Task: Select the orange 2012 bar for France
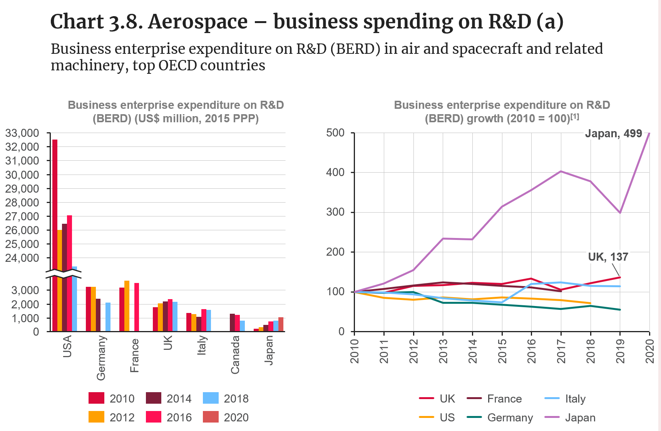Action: click(127, 306)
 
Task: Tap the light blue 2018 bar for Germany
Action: click(108, 317)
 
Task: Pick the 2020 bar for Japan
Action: click(281, 324)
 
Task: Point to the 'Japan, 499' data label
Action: click(613, 134)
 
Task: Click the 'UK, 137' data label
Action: click(608, 257)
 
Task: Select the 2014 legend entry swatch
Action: click(154, 398)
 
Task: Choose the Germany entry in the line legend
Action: click(510, 418)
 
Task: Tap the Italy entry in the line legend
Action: click(575, 399)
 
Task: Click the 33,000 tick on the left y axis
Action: click(22, 133)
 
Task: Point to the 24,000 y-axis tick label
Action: click(22, 258)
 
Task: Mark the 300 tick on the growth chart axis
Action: click(335, 212)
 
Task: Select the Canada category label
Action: click(235, 355)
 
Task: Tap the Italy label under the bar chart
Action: click(202, 345)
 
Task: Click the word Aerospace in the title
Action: click(198, 22)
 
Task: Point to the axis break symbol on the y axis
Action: click(64, 274)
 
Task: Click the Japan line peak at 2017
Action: click(561, 171)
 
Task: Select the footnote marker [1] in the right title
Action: click(575, 116)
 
